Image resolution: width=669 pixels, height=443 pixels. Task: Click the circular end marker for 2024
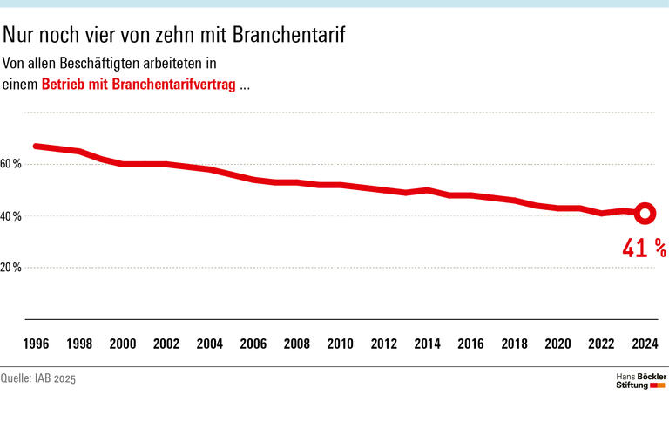tap(644, 213)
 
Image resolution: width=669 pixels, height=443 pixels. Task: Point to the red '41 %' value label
tap(644, 249)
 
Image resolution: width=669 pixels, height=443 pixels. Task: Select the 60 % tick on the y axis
tap(11, 164)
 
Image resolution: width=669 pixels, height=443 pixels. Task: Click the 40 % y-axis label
tap(11, 215)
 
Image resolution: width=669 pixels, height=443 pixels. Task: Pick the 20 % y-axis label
tap(11, 268)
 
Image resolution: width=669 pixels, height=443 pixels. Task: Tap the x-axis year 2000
tap(122, 344)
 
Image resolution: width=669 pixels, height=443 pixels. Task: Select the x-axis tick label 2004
tap(209, 344)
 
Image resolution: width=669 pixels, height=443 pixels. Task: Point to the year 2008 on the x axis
tap(296, 344)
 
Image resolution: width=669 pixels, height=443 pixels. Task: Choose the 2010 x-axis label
tap(340, 344)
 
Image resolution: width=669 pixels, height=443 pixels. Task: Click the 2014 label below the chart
tap(427, 344)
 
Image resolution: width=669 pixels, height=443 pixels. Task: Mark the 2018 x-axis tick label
tap(514, 344)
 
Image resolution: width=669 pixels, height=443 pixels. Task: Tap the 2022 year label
tap(601, 344)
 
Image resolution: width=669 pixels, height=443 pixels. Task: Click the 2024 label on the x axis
tap(645, 344)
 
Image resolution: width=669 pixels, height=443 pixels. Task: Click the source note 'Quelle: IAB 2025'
tap(38, 379)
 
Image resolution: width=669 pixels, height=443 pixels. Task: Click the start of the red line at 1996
tap(36, 146)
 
